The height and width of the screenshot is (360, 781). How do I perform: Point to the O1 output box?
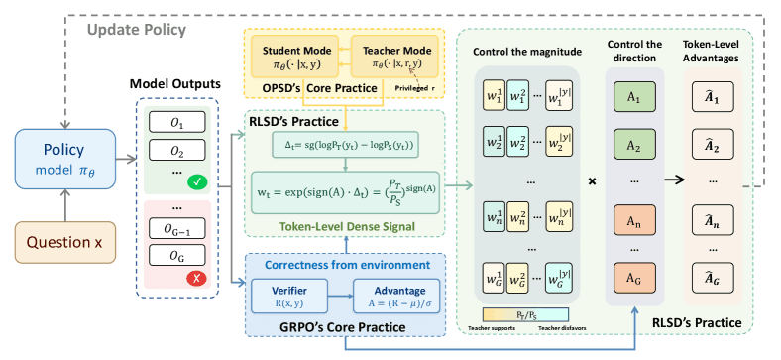tap(178, 124)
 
